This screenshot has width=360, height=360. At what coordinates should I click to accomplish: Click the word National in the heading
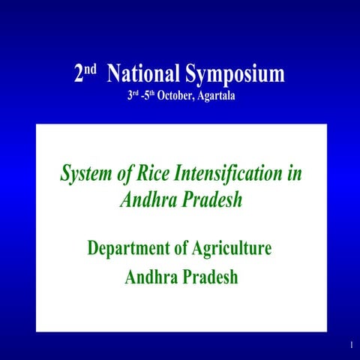coord(143,74)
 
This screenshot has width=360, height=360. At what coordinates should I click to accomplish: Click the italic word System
coord(85,174)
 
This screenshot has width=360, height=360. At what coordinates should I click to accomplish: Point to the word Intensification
coord(228,174)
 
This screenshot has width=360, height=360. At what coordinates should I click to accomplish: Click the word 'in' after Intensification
coord(294,174)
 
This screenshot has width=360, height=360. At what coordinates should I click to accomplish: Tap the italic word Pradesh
coord(214,200)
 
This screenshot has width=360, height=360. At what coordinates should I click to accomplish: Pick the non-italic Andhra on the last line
coord(151,277)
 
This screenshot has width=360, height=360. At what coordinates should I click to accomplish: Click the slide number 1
coord(350,344)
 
